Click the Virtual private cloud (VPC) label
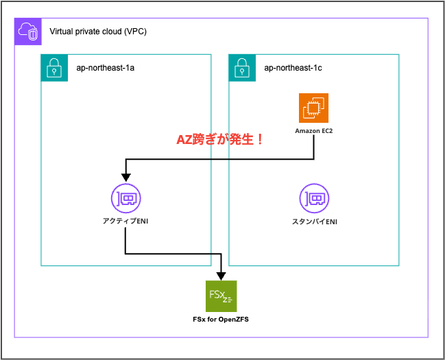click(97, 32)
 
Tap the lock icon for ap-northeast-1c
click(241, 68)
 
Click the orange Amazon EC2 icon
click(313, 108)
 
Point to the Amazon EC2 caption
click(313, 130)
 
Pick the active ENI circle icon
click(125, 199)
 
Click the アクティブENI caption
click(125, 221)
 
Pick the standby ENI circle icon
click(313, 199)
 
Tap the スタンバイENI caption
click(313, 221)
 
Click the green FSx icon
click(221, 296)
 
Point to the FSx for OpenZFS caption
click(221, 320)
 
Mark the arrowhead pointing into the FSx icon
click(221, 275)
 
